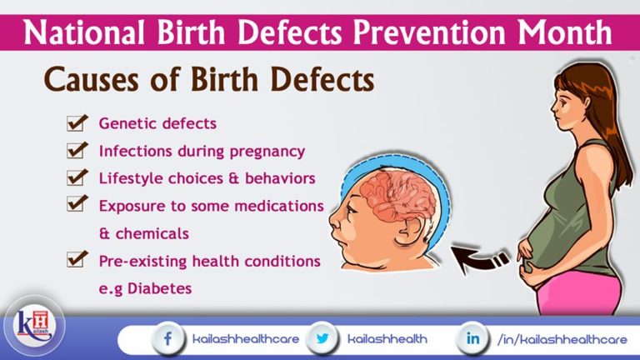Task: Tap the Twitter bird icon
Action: point(322,339)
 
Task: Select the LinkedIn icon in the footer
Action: point(472,339)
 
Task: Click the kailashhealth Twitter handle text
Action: point(387,339)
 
